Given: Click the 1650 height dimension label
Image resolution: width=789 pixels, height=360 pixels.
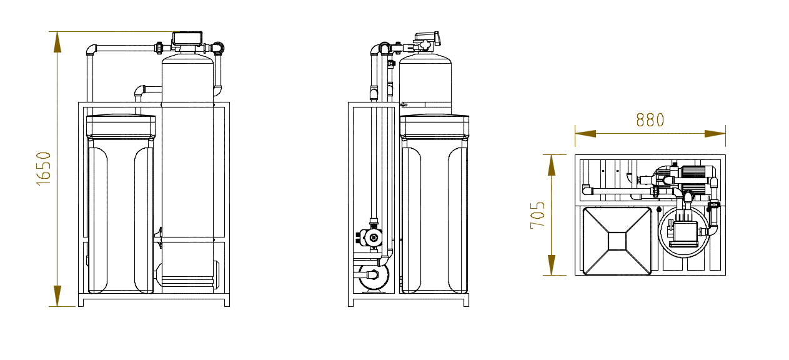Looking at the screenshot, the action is pos(44,169).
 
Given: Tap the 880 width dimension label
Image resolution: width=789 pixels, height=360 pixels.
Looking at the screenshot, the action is pos(650,120).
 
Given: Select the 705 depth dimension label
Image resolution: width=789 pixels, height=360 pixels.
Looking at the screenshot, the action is pos(537,215).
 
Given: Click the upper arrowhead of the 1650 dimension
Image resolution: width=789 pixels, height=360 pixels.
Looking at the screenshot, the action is pos(57,42).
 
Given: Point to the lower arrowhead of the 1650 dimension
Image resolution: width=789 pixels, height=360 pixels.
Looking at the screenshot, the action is pos(57,296).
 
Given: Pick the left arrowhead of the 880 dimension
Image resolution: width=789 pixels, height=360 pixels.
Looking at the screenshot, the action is pos(585,134).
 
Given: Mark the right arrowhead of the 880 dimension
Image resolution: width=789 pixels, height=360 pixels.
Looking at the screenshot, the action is pos(715,134).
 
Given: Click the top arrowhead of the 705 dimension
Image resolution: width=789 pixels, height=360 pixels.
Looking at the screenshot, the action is pos(552,165).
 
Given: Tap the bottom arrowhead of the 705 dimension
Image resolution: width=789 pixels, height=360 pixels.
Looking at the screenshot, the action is pos(552,265).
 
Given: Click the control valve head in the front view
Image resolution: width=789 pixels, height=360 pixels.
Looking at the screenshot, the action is pos(187,39).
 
